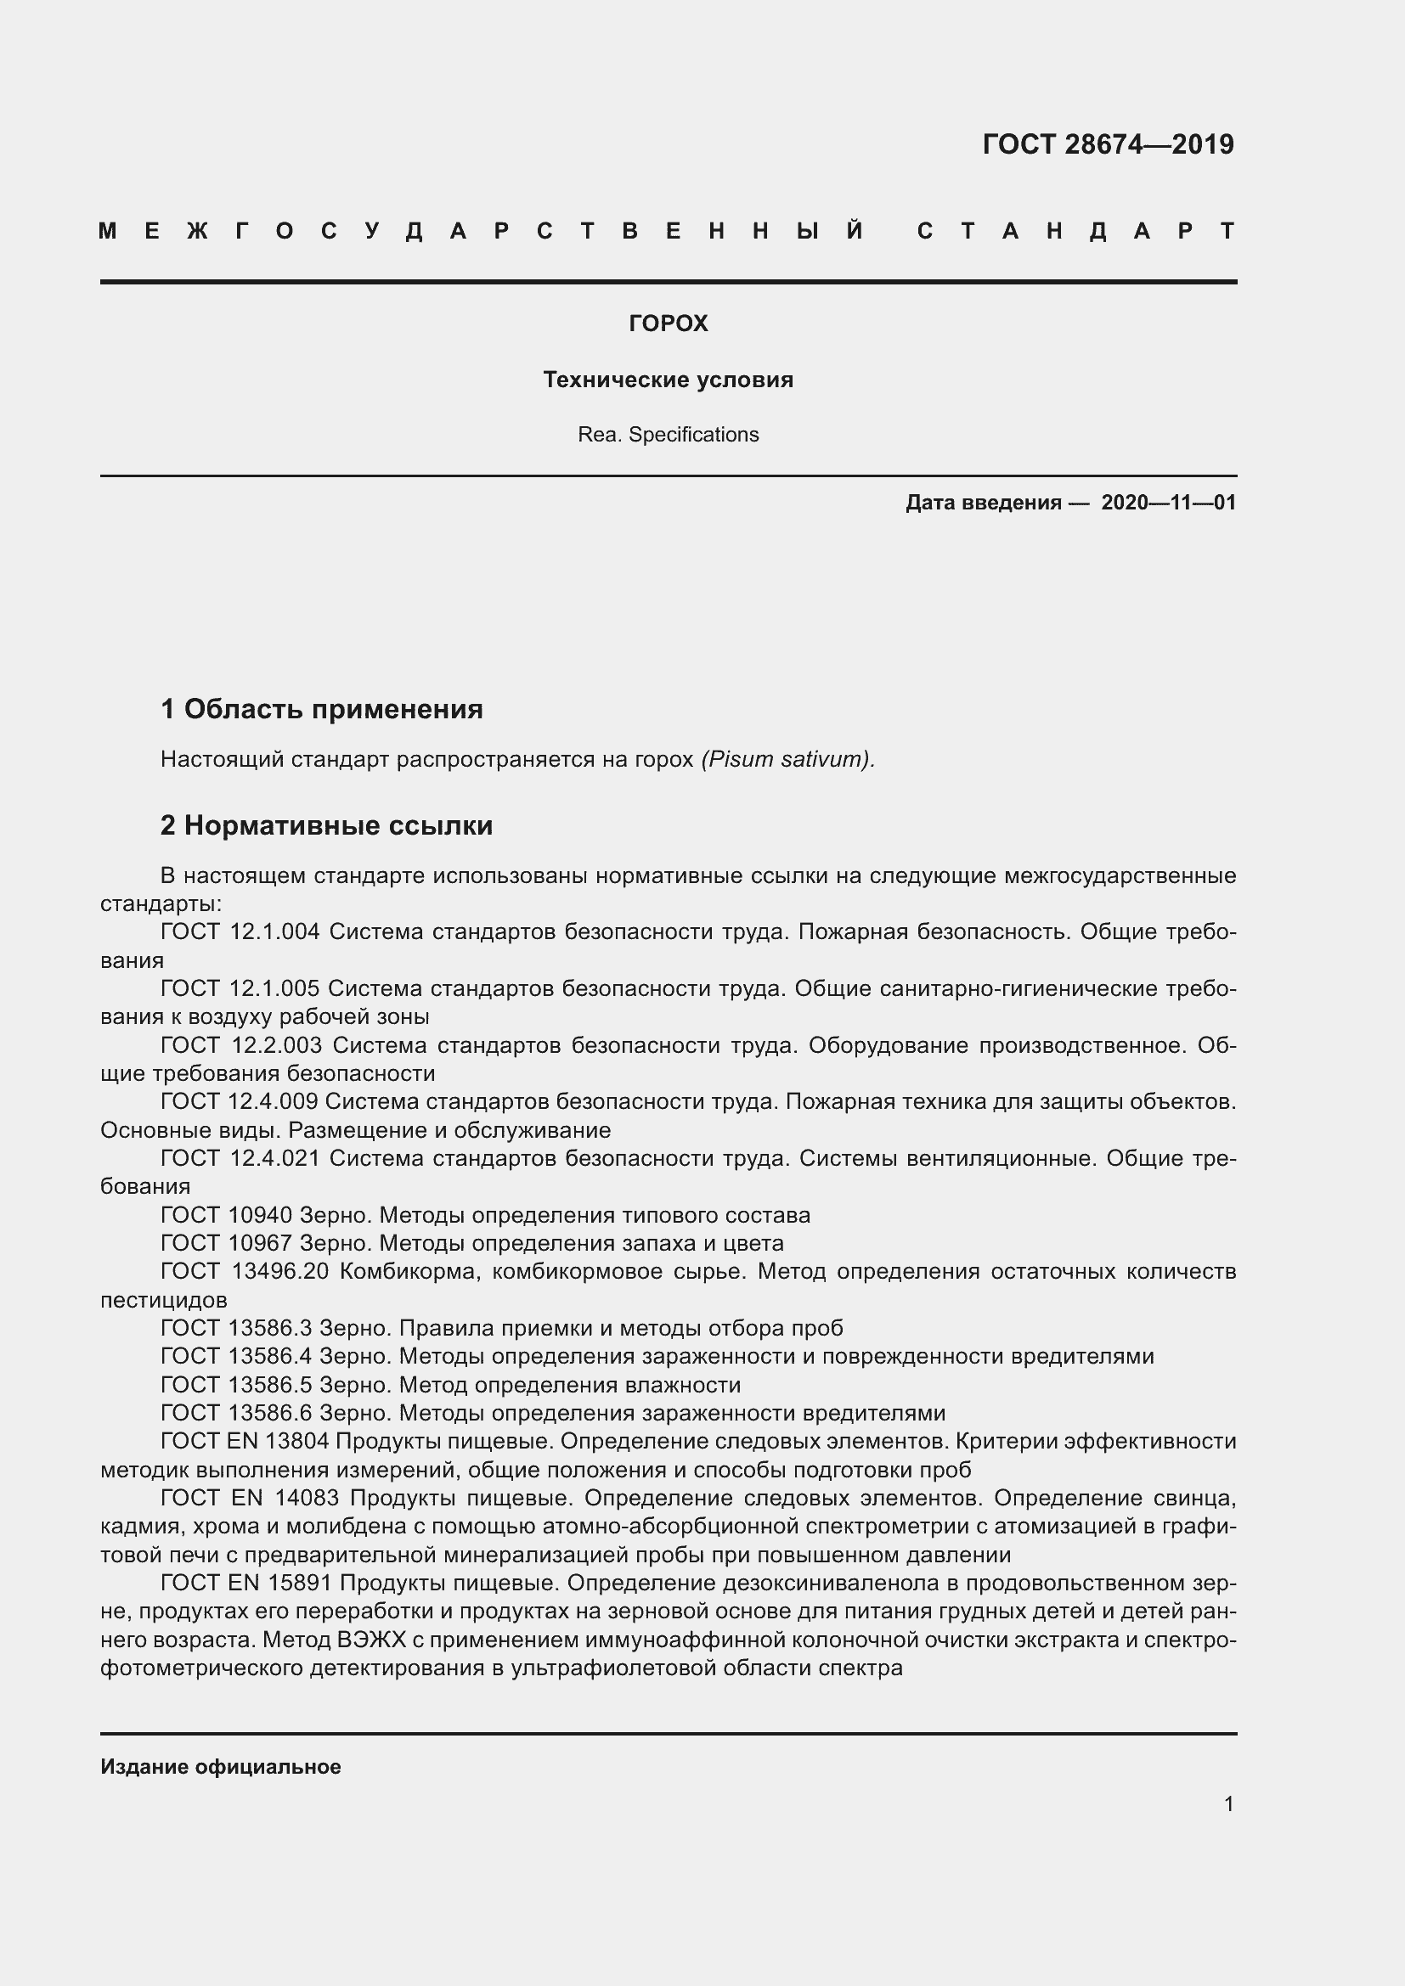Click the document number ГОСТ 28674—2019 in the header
(x=1108, y=143)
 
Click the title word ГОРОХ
(x=668, y=323)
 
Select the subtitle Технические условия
(x=668, y=380)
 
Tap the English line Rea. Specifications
(x=668, y=434)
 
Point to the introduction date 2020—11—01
(x=1168, y=503)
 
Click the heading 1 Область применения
(x=322, y=709)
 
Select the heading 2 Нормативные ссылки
(x=326, y=825)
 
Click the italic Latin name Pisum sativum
(x=787, y=759)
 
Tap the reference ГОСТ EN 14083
(x=250, y=1498)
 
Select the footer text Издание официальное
(x=221, y=1766)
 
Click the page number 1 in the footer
(x=1228, y=1803)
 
